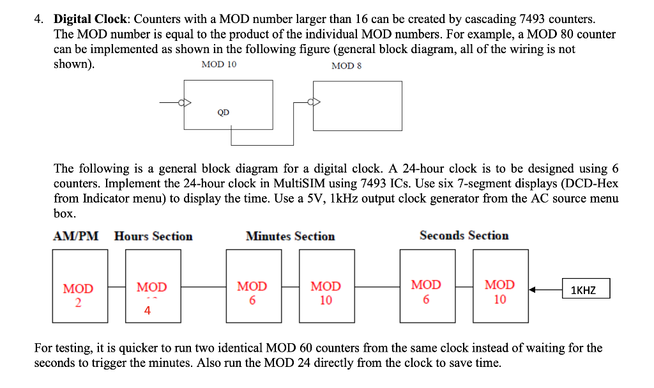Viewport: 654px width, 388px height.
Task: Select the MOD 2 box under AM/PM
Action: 79,286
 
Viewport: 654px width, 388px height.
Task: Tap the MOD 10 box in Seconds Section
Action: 500,286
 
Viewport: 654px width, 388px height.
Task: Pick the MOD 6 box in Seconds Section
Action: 426,286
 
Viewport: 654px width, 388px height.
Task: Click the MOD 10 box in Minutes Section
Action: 326,286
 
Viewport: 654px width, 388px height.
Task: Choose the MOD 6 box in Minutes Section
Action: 252,286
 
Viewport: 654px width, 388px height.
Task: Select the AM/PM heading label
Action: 75,236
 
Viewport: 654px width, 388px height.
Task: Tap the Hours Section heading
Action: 153,236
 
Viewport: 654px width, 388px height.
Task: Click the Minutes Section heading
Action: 290,236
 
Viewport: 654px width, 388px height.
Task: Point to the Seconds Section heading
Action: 464,235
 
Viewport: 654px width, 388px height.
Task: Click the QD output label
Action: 223,113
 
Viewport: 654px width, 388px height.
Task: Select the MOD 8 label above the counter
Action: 347,66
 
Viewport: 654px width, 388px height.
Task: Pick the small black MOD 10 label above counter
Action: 218,65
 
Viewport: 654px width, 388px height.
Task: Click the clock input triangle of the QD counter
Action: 186,102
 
